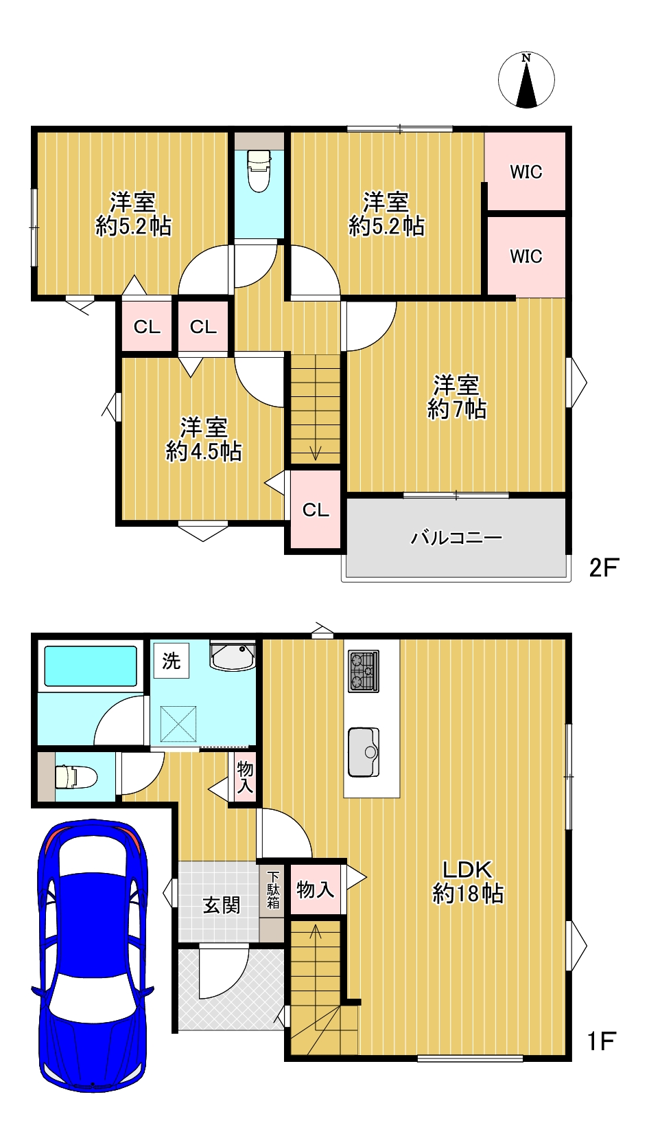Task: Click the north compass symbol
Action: (526, 80)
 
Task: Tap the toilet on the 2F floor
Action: (259, 171)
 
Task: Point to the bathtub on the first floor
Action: (91, 666)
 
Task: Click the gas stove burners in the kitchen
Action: (363, 671)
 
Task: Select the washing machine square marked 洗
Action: (172, 661)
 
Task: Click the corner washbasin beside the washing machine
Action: (233, 656)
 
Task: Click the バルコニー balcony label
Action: (456, 538)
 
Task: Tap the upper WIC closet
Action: (526, 171)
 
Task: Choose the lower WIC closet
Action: (526, 256)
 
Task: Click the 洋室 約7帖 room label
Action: (456, 397)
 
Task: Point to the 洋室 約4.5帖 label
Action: (203, 440)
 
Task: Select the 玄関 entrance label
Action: (221, 905)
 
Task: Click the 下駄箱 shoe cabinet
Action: (272, 890)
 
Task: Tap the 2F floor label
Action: (604, 567)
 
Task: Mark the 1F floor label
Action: (602, 1041)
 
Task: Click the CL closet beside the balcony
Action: (316, 509)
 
